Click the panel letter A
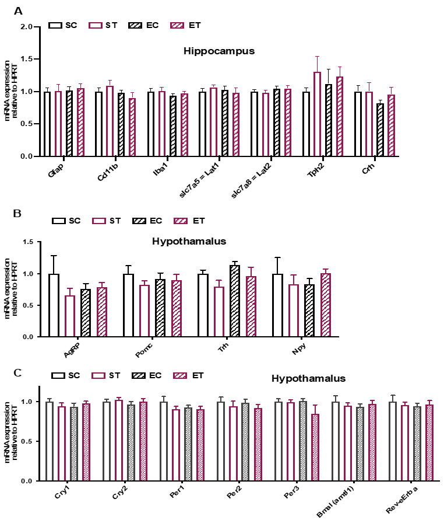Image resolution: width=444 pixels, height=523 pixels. click(x=18, y=11)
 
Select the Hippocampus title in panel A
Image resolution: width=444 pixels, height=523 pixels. click(x=219, y=51)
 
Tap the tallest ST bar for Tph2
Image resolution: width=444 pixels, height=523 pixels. click(x=317, y=114)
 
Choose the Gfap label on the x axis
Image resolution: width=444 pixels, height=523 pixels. click(x=56, y=173)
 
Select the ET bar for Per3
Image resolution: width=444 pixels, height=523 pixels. click(x=315, y=447)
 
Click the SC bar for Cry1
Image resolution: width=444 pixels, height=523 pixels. click(x=50, y=441)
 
